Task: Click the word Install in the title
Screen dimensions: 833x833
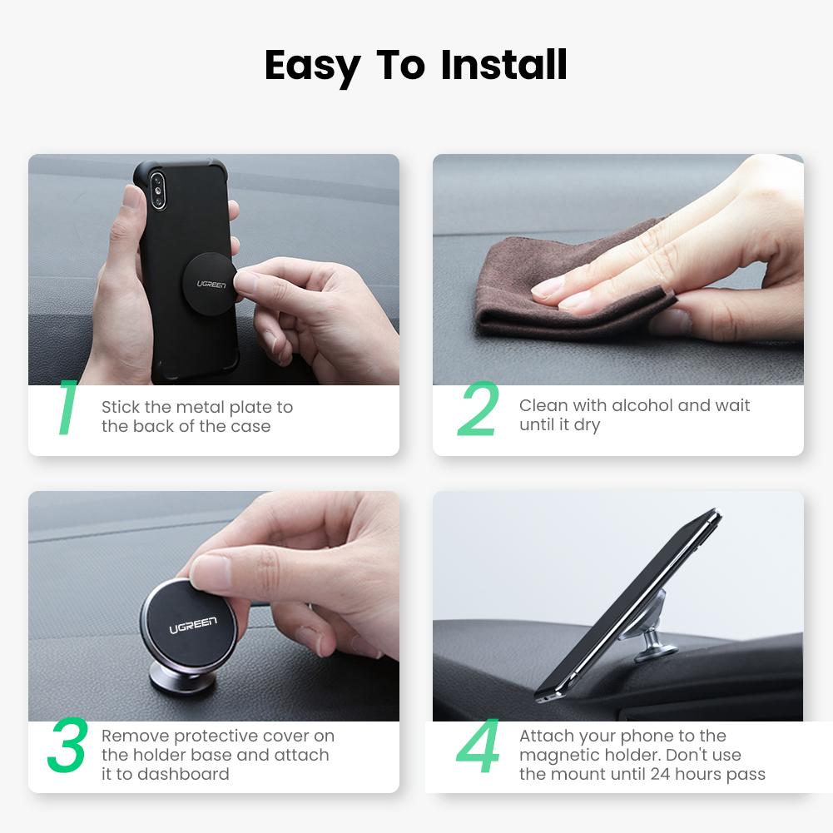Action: click(503, 66)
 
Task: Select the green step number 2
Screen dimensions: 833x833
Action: click(478, 409)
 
